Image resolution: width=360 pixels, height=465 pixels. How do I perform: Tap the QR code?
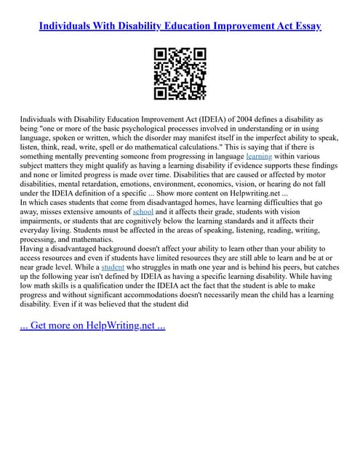pyautogui.click(x=180, y=73)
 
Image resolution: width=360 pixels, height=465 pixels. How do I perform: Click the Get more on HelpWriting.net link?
pyautogui.click(x=92, y=325)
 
